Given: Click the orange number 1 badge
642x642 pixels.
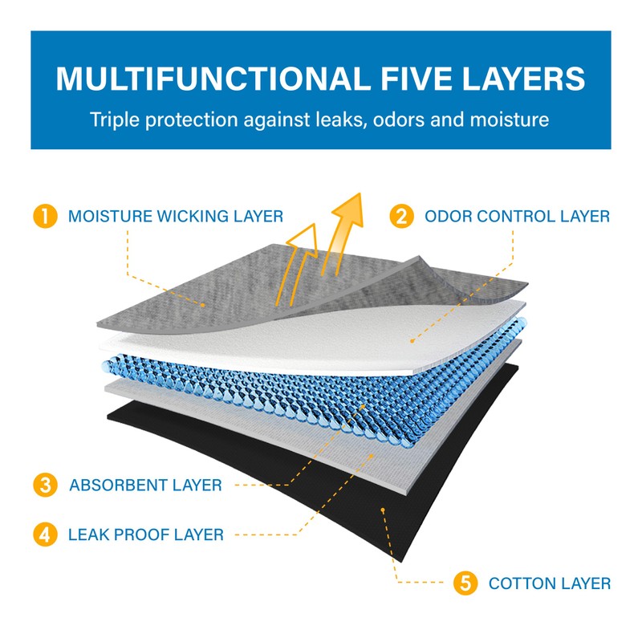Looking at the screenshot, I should pos(45,217).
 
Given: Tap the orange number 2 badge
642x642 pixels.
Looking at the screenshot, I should pos(401,217).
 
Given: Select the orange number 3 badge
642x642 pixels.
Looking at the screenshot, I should pos(45,485).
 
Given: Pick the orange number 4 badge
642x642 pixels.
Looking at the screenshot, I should pos(45,534).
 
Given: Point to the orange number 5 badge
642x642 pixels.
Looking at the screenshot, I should pos(465,583).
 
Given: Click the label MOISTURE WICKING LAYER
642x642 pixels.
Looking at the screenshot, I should pos(175,217).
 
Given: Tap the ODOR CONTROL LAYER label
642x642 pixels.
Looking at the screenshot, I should pos(517,217).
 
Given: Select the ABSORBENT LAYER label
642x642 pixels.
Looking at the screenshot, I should pos(145,486).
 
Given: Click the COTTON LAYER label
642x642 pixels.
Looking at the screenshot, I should pos(550,583).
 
